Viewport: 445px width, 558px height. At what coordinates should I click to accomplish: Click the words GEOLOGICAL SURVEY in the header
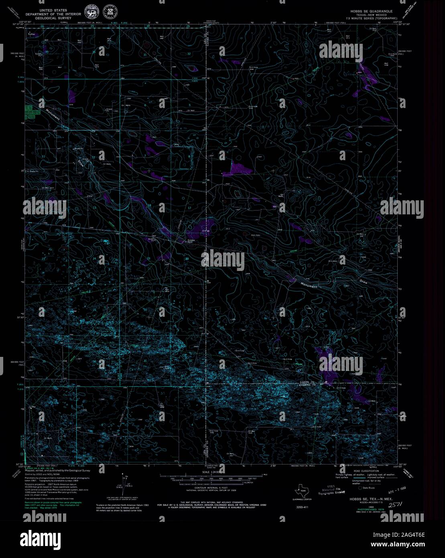tap(53, 18)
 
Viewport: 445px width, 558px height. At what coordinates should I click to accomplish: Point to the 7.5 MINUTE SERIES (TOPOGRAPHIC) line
tap(372, 18)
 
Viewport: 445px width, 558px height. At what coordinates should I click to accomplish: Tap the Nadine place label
tap(31, 35)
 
